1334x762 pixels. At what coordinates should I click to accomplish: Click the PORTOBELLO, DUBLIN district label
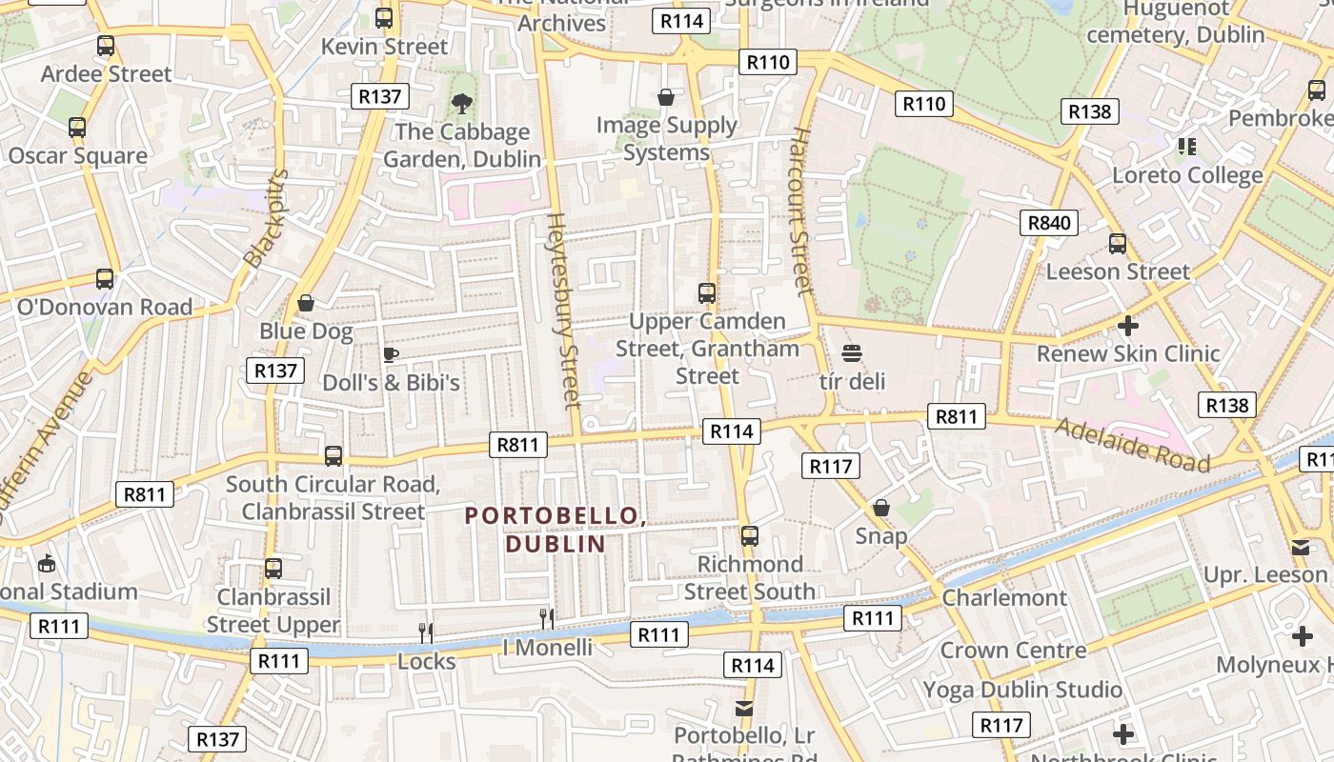coord(556,530)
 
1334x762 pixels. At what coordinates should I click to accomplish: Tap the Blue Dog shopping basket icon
coord(306,304)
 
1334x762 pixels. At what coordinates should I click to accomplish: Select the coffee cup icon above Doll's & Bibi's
coord(390,354)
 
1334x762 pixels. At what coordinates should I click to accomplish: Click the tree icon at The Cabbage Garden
coord(462,102)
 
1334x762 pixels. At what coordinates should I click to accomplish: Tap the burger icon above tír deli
coord(852,353)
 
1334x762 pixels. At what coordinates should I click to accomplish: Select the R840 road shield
coord(1049,223)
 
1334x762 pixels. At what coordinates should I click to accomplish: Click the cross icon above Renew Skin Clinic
coord(1127,326)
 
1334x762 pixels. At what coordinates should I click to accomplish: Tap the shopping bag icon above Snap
coord(881,508)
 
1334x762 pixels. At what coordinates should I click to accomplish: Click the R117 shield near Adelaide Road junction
coord(831,466)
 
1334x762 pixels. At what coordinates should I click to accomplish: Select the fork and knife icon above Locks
coord(426,632)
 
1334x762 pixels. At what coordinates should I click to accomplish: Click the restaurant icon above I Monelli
coord(547,619)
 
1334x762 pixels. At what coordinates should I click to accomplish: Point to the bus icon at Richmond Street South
coord(750,536)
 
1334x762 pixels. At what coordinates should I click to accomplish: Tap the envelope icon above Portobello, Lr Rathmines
coord(744,708)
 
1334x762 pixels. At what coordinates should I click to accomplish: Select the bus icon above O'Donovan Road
coord(105,279)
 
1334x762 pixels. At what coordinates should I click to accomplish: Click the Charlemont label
coord(1004,598)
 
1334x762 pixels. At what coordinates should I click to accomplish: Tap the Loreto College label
coord(1187,175)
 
